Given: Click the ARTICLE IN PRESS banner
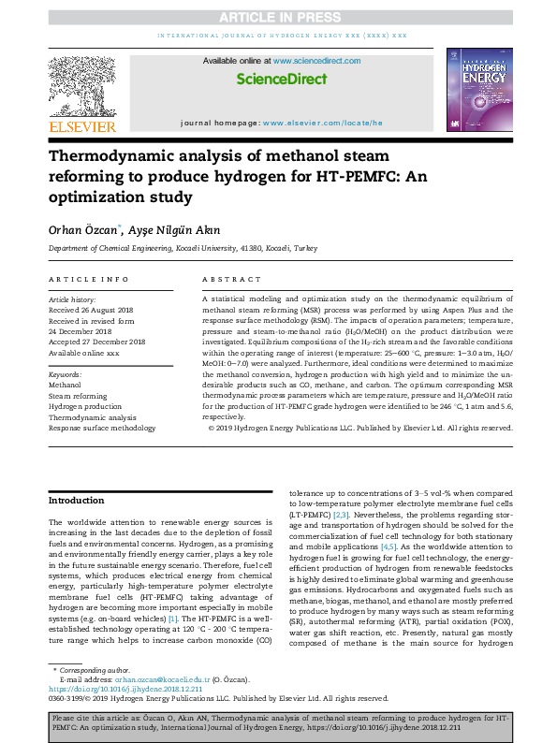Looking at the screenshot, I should pyautogui.click(x=278, y=17).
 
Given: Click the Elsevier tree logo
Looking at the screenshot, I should pyautogui.click(x=82, y=88).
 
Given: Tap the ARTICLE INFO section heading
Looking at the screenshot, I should pyautogui.click(x=88, y=280).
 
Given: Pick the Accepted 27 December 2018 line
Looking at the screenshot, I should pyautogui.click(x=99, y=342).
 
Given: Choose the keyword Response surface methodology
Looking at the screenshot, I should pyautogui.click(x=103, y=427).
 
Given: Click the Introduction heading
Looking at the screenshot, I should pyautogui.click(x=77, y=501).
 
